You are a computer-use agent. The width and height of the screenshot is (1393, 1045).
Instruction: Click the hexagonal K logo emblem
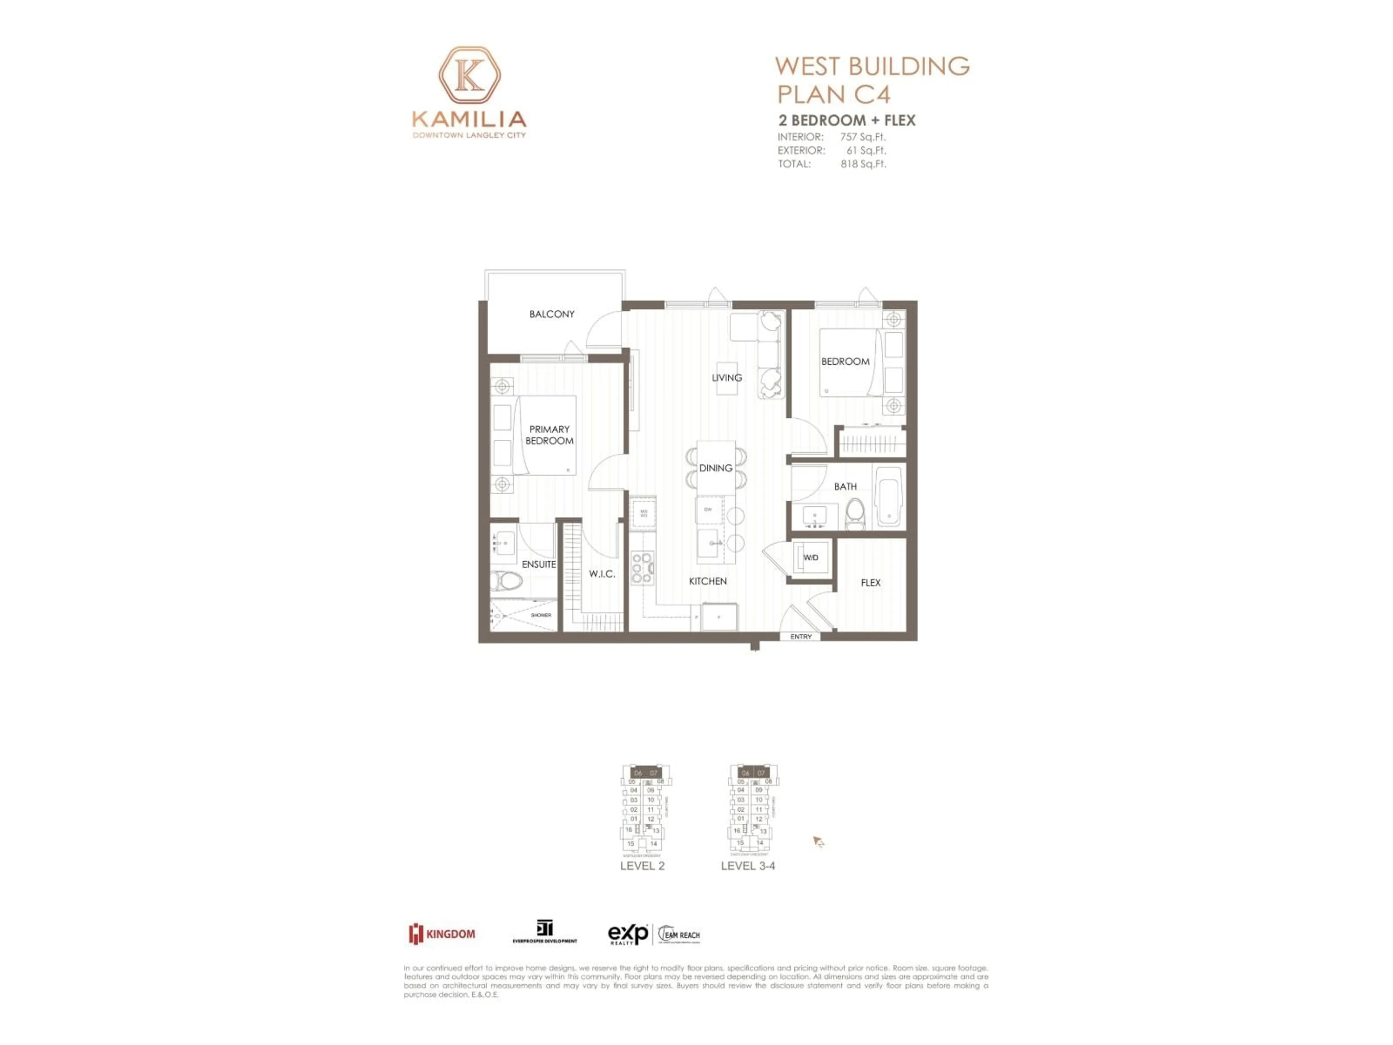pyautogui.click(x=469, y=75)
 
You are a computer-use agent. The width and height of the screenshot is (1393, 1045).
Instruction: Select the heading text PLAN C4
pyautogui.click(x=833, y=94)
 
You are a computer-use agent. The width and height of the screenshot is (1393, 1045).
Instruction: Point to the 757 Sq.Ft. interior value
pyautogui.click(x=863, y=137)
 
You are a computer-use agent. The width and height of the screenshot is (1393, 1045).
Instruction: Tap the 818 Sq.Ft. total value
pyautogui.click(x=863, y=164)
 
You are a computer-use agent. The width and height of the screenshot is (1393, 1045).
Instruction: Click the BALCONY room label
pyautogui.click(x=552, y=314)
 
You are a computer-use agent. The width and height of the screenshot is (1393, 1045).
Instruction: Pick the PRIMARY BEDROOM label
pyautogui.click(x=549, y=435)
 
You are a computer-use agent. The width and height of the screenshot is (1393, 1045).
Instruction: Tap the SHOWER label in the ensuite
pyautogui.click(x=541, y=615)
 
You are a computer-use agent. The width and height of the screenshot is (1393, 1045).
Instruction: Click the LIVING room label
pyautogui.click(x=727, y=377)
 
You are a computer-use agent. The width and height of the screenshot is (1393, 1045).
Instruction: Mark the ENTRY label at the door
pyautogui.click(x=800, y=637)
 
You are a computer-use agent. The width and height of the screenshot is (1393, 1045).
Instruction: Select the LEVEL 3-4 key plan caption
pyautogui.click(x=748, y=865)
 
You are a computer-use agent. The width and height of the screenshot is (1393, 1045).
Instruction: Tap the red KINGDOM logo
pyautogui.click(x=442, y=934)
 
